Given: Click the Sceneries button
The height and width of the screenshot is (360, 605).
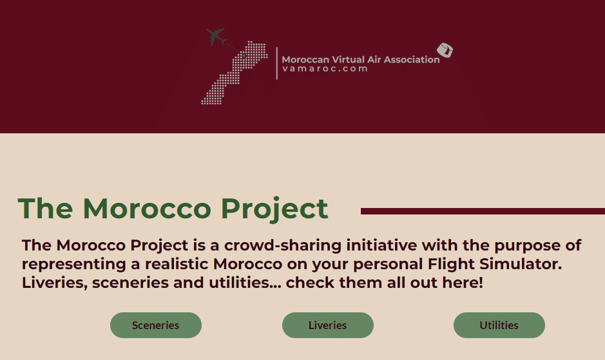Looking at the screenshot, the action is pos(156,325).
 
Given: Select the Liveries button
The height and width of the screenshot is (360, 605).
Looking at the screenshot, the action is pos(327,325).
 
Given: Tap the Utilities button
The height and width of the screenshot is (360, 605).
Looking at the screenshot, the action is pos(499,325).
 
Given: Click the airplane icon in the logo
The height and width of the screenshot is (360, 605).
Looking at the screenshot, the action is pos(215,37).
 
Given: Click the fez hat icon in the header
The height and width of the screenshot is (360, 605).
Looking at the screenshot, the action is pos(445,50).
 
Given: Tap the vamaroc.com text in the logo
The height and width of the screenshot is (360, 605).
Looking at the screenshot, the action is pos(325,69).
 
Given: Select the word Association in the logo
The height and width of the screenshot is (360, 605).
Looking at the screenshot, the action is pos(412,59).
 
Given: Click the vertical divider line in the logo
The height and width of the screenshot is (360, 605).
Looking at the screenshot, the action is pos(277,63).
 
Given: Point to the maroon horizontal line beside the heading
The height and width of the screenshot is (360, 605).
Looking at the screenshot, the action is pos(483,211).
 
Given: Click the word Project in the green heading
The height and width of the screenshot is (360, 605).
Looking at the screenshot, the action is pos(274,209).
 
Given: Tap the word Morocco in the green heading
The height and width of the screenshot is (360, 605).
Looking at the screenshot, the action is pos(147,209).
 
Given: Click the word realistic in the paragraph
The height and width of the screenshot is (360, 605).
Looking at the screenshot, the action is pos(177,264).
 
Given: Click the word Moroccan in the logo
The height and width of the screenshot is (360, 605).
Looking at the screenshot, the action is pos(305,59).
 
